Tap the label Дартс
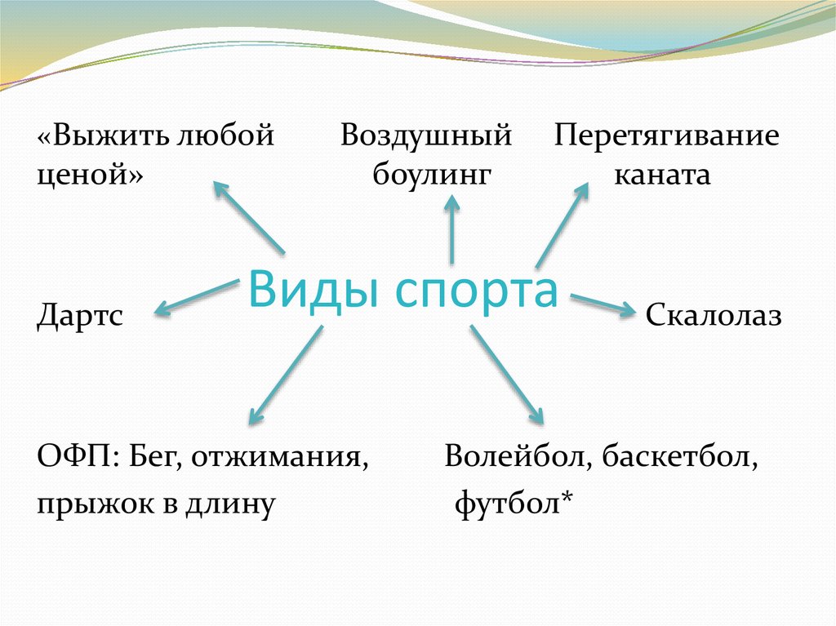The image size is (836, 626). (x=80, y=315)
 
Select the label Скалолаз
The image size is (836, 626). (x=714, y=315)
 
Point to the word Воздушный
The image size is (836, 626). (x=426, y=135)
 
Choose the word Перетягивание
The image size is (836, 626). (x=666, y=135)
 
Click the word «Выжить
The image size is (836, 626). (x=99, y=135)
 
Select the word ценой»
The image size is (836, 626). (x=89, y=175)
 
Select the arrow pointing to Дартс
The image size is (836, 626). (x=194, y=295)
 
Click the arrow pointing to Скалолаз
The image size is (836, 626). (x=603, y=304)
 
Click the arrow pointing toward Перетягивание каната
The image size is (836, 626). (x=562, y=225)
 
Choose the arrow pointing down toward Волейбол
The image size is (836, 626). (x=506, y=375)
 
